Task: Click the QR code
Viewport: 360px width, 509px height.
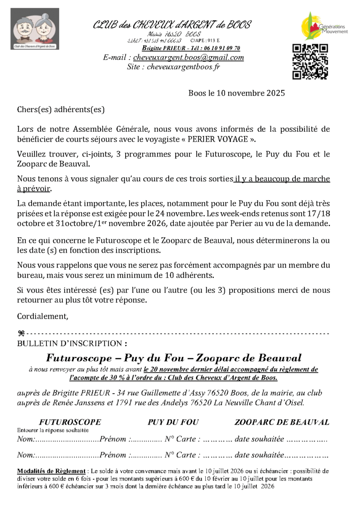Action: click(x=310, y=61)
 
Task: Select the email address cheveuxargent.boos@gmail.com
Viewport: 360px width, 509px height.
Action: click(x=188, y=58)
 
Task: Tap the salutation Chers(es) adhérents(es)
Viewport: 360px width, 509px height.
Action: click(x=61, y=110)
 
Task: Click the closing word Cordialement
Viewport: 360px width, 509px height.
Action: click(x=43, y=316)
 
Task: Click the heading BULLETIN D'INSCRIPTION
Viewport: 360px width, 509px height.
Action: click(x=72, y=344)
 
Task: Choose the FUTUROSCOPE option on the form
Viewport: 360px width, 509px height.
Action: click(x=70, y=422)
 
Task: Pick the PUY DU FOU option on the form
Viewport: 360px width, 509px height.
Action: click(x=173, y=422)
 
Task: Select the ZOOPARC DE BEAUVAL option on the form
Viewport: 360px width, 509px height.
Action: click(x=282, y=422)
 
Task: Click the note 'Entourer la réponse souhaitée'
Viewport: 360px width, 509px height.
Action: click(x=53, y=430)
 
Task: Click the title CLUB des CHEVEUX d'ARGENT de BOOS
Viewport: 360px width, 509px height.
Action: click(x=172, y=25)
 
